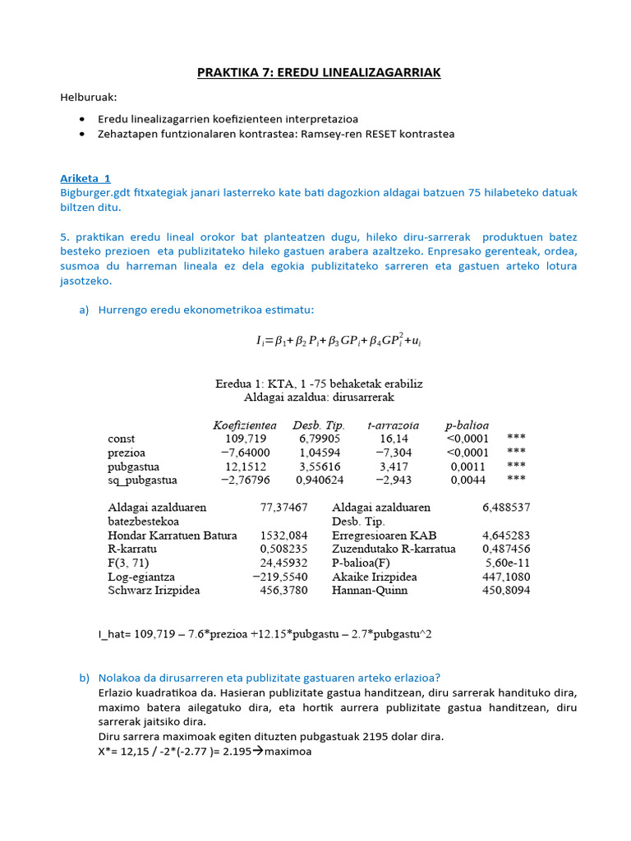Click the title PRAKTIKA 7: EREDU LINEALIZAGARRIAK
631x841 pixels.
tap(319, 73)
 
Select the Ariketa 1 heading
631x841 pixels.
tap(85, 178)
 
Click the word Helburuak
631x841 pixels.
tap(88, 98)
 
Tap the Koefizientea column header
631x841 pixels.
tap(244, 425)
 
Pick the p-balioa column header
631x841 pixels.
tap(467, 425)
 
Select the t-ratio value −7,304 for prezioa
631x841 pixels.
tap(394, 453)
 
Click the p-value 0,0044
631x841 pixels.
tap(472, 480)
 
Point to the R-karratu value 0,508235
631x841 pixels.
tap(283, 549)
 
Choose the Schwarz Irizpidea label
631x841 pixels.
tap(154, 591)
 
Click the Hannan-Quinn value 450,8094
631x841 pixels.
tap(506, 591)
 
